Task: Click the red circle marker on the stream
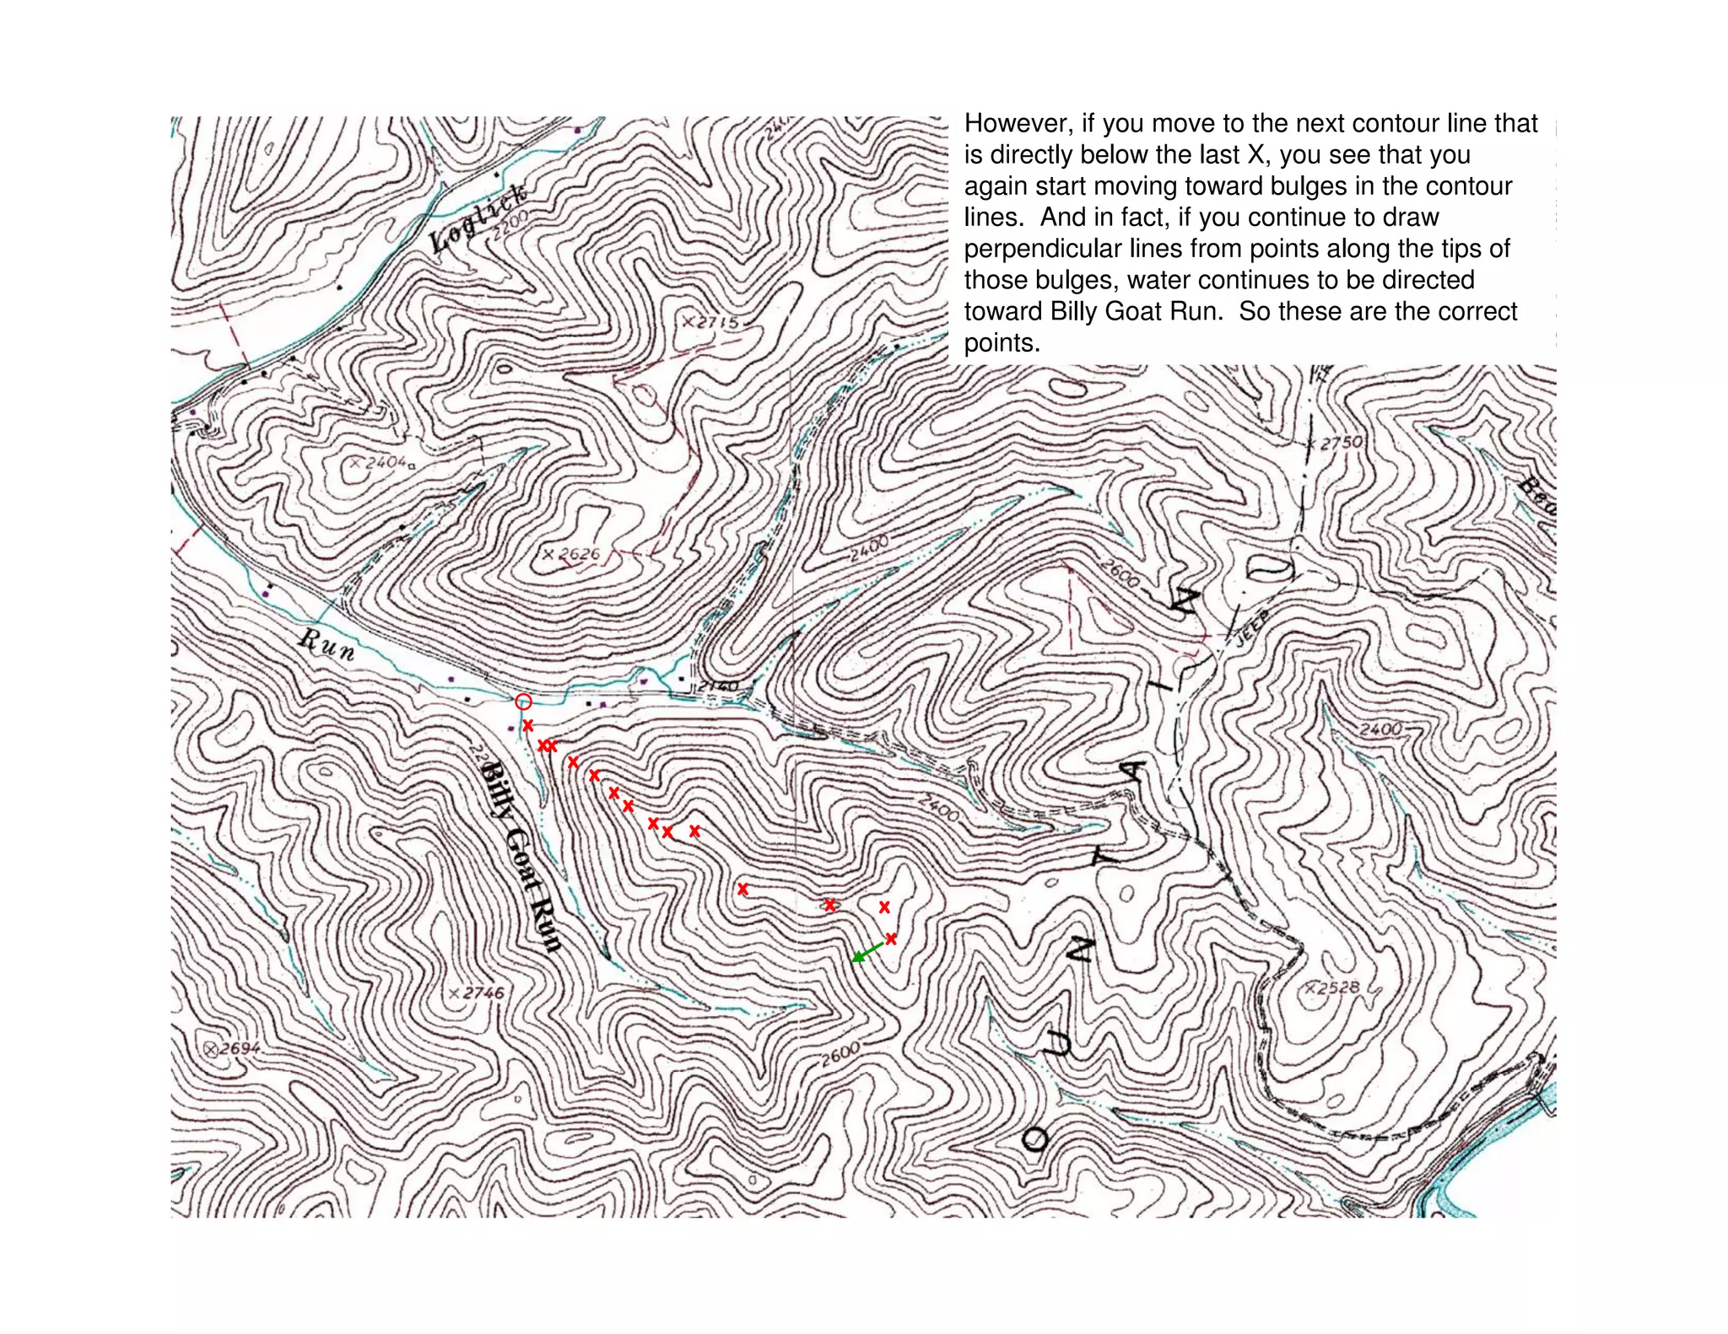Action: click(x=523, y=701)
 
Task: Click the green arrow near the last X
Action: click(x=867, y=951)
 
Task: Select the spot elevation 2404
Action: click(x=381, y=462)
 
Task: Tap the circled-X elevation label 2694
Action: click(x=232, y=1048)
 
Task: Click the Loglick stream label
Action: click(x=478, y=218)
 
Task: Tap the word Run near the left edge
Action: click(x=327, y=644)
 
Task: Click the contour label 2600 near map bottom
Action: click(x=840, y=1053)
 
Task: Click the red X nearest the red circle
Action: click(x=528, y=725)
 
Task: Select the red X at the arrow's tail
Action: click(x=891, y=939)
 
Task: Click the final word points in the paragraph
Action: click(x=1002, y=343)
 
